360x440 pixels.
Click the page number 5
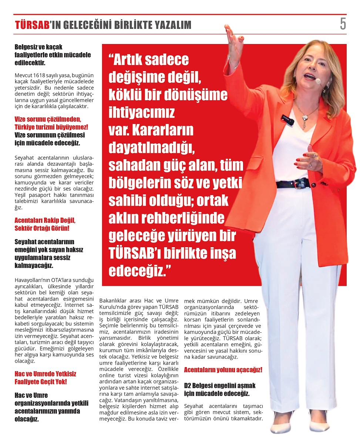(343, 24)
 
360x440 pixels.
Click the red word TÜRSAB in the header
(32, 25)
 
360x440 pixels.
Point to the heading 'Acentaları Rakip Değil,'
(45, 220)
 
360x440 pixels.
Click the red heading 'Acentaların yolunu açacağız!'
(223, 369)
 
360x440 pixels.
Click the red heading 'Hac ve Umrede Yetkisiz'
(45, 374)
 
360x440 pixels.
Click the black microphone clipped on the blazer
(287, 120)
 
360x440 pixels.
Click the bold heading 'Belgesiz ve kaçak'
(39, 47)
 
